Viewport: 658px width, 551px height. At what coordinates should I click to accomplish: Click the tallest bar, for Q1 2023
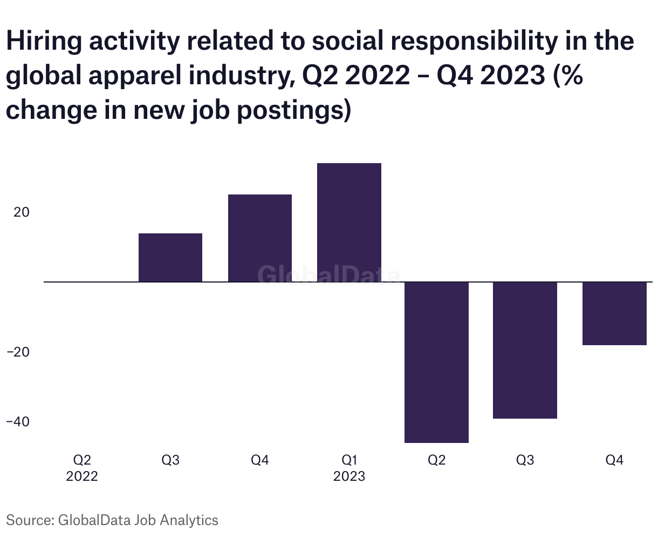point(349,222)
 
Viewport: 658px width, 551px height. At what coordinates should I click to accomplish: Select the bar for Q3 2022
point(170,257)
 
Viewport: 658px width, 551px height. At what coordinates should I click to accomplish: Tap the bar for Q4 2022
point(260,238)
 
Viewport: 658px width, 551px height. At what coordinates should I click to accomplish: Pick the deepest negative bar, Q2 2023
point(437,362)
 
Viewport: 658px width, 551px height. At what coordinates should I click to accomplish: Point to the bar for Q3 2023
point(525,350)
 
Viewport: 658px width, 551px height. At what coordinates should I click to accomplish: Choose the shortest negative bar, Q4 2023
point(614,313)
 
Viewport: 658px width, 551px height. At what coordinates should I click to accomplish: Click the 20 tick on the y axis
point(22,212)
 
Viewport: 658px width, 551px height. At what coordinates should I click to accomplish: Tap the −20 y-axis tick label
point(18,352)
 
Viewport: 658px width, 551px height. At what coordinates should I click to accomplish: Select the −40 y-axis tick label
point(18,421)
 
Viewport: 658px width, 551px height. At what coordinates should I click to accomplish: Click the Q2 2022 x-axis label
point(82,468)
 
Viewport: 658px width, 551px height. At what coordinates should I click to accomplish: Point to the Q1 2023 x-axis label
point(349,468)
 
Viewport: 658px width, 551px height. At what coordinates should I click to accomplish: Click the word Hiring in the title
point(44,42)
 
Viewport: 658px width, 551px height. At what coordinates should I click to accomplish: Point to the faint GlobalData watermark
point(328,274)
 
